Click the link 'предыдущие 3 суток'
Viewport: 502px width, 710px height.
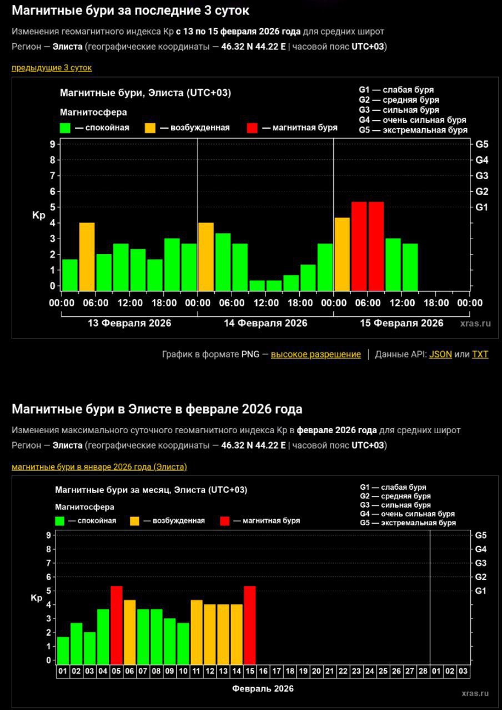click(52, 68)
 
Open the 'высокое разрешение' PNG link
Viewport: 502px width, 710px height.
click(315, 354)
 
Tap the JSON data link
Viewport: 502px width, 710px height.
click(440, 354)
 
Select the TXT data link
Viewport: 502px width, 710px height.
click(480, 354)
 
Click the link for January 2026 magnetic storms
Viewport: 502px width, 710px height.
click(99, 466)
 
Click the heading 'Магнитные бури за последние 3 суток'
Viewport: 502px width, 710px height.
click(130, 10)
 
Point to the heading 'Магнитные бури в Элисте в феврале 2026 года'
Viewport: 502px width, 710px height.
click(157, 409)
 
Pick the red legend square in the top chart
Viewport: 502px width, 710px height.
click(252, 128)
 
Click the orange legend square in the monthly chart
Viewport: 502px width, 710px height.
click(135, 521)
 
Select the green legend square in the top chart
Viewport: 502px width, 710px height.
click(66, 128)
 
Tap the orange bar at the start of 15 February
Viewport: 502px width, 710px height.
click(342, 254)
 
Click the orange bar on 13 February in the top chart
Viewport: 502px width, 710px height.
click(87, 256)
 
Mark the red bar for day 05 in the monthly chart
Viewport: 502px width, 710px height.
click(117, 625)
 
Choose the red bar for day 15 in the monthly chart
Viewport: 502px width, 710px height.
click(250, 625)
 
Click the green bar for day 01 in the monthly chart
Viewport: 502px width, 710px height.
click(63, 650)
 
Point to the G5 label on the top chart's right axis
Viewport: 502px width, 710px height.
click(481, 144)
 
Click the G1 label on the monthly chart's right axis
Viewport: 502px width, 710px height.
click(480, 591)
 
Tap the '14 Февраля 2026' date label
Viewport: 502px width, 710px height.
click(265, 323)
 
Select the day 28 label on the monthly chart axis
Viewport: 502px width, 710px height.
click(423, 671)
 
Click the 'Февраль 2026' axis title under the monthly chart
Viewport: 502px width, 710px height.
click(263, 689)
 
